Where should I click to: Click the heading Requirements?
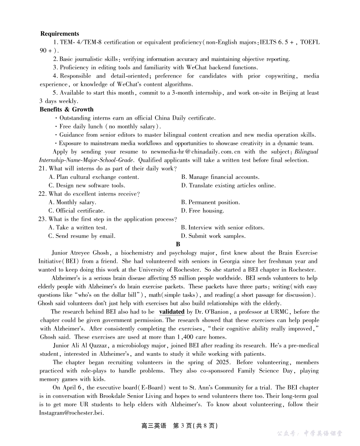coord(59,34)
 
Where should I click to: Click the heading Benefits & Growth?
coord(66,110)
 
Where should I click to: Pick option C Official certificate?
coord(77,211)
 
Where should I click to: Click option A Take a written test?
coord(78,228)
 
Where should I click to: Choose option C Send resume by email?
coord(81,236)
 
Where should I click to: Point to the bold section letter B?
coord(178,244)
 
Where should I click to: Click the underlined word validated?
coord(172,312)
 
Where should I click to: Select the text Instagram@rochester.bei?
coord(71,413)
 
